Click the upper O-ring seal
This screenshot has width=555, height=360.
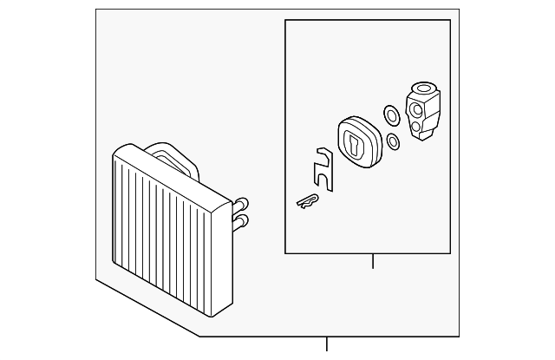(391, 114)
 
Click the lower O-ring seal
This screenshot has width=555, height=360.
(394, 141)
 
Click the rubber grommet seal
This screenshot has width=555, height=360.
(358, 143)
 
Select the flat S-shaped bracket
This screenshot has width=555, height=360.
(325, 170)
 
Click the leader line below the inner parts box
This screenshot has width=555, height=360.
(373, 260)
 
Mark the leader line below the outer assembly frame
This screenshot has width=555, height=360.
(327, 344)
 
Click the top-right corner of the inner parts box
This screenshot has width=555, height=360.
(450, 21)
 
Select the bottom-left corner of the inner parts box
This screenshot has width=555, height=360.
(286, 252)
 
